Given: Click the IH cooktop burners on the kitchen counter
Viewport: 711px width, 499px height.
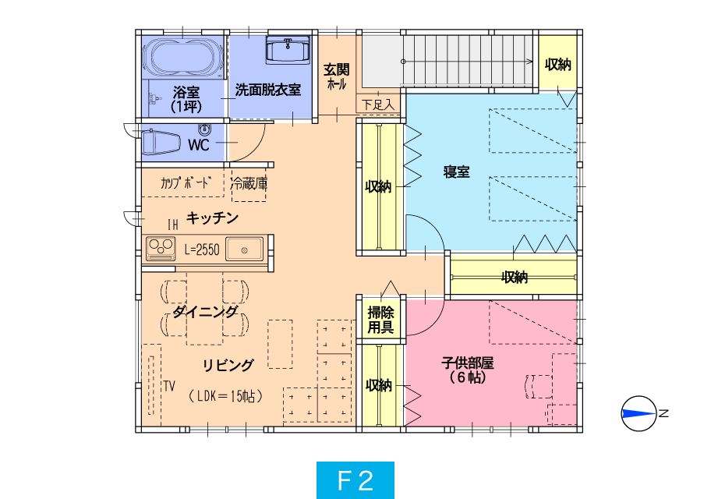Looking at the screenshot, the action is click(161, 248).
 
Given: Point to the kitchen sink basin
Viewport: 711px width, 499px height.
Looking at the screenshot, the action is click(245, 249).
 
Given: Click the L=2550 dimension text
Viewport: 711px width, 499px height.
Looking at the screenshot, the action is click(202, 249).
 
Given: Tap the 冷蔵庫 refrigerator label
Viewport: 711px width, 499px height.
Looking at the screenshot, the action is click(249, 184).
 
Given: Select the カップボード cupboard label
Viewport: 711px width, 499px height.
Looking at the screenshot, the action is click(185, 182).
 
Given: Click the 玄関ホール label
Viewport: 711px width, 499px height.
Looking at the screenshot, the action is click(337, 76).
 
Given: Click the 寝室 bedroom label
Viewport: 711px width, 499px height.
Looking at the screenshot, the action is click(456, 172).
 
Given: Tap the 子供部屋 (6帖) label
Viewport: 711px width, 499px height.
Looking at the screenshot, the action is click(468, 370).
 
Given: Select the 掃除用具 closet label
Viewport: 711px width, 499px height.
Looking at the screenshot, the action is click(380, 320).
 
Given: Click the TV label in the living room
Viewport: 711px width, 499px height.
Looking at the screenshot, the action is click(169, 386).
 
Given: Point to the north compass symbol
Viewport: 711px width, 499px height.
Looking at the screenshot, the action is click(639, 413).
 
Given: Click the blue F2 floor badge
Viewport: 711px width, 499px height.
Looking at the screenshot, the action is click(355, 480).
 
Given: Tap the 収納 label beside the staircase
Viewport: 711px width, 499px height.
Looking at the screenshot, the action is click(557, 65).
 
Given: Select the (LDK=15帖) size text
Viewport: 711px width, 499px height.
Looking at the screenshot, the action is click(225, 396).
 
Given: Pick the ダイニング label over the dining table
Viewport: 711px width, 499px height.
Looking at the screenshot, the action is click(205, 312).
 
